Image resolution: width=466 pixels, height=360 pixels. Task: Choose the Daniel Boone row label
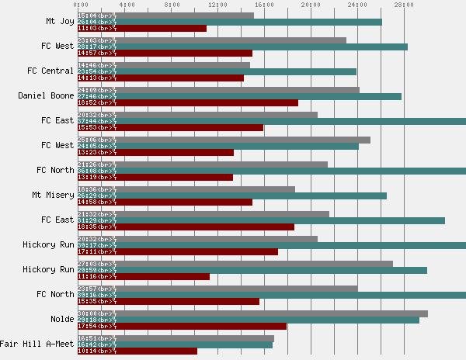pos(46,96)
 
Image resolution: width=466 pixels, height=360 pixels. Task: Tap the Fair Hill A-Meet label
pos(37,344)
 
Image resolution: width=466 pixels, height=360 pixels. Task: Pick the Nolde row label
pos(61,320)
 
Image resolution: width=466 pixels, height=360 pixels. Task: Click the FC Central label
pos(50,71)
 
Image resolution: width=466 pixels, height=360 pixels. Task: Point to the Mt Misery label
pos(53,196)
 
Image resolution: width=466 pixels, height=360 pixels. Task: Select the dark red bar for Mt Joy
pos(142,29)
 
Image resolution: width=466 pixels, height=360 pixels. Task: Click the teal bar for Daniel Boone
pos(239,96)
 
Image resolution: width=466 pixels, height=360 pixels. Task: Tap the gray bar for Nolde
pos(252,313)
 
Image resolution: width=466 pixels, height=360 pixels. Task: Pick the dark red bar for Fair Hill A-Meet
pos(137,351)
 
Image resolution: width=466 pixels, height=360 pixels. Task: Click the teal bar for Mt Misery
pos(232,196)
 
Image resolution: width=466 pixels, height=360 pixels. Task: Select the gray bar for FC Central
pos(164,65)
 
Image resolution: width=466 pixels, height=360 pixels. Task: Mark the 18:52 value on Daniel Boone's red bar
pos(87,103)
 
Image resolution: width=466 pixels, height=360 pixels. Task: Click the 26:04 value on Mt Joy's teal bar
pos(87,22)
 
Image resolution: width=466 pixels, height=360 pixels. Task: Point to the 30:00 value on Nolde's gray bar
pos(87,313)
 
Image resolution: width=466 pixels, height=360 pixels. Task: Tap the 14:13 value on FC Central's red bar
pos(87,78)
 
